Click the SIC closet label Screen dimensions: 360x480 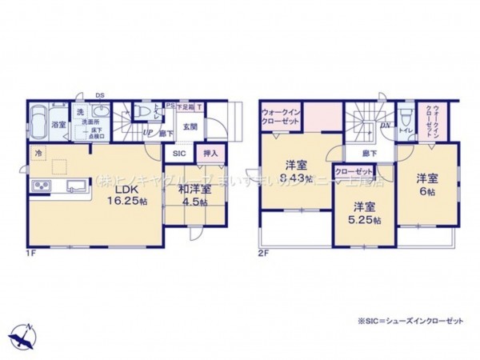pyautogui.click(x=178, y=154)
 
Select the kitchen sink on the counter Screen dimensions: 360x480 pyautogui.click(x=77, y=187)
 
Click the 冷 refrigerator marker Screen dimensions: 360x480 pyautogui.click(x=38, y=151)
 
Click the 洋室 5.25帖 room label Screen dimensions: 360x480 pyautogui.click(x=365, y=212)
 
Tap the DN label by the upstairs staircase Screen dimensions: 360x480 pyautogui.click(x=386, y=126)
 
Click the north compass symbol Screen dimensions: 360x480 pyautogui.click(x=24, y=331)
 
